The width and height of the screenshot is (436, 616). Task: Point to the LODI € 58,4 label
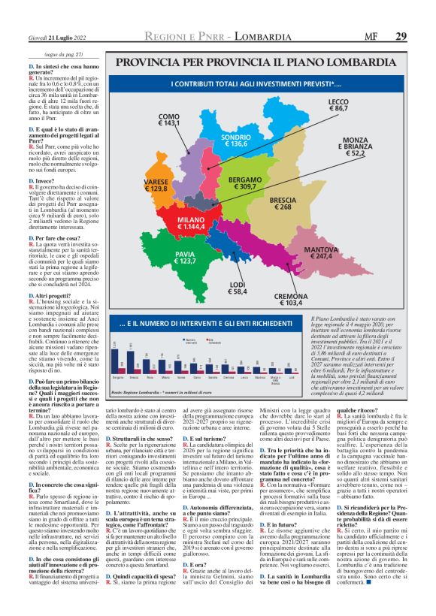[x=238, y=288]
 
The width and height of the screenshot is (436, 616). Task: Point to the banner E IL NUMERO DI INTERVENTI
[x=185, y=324]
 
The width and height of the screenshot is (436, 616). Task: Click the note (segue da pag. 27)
[x=61, y=56]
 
